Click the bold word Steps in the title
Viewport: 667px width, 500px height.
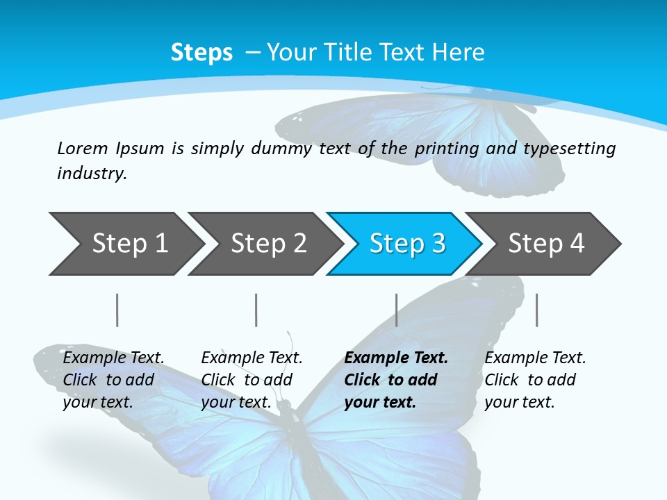201,53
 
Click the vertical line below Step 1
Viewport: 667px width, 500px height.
117,310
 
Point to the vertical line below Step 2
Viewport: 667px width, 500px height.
256,310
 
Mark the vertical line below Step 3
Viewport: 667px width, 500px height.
396,310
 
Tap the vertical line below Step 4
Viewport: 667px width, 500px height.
536,310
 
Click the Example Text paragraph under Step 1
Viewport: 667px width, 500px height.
113,380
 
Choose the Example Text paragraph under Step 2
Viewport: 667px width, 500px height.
252,380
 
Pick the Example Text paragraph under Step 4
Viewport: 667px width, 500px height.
535,380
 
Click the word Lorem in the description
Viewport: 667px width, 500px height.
83,149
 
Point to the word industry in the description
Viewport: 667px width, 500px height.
92,174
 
